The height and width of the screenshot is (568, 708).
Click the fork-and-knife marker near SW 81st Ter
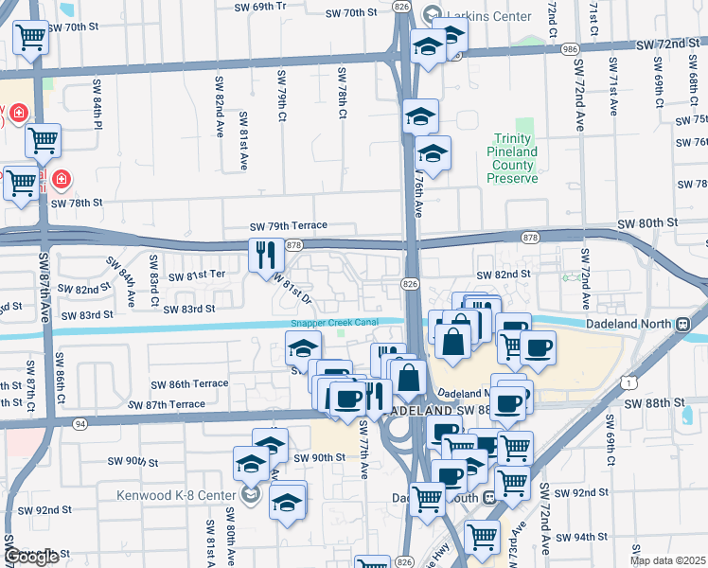click(x=265, y=254)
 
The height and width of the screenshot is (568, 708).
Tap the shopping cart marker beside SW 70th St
click(x=31, y=38)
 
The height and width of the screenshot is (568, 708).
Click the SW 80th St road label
click(x=647, y=222)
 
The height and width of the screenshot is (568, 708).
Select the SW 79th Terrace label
click(x=288, y=226)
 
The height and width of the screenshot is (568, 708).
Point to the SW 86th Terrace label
click(x=190, y=383)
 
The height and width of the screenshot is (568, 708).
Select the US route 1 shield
click(x=628, y=380)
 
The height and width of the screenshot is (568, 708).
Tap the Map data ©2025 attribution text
click(x=666, y=560)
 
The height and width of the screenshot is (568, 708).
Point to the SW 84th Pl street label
click(x=98, y=103)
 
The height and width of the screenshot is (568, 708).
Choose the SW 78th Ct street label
click(x=342, y=92)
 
